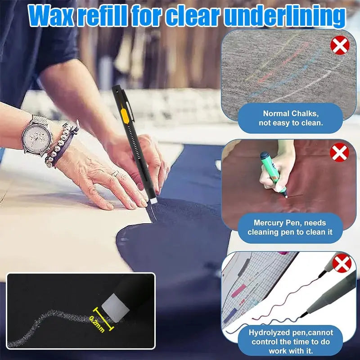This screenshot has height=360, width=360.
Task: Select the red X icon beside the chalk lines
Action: (x=340, y=46)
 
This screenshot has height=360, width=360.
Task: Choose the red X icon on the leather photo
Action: (x=340, y=153)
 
